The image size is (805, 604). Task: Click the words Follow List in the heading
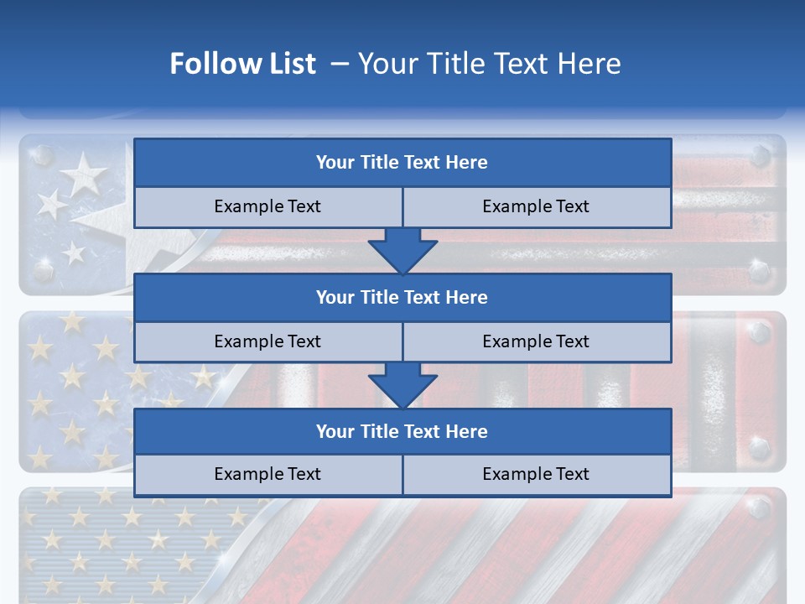pyautogui.click(x=242, y=64)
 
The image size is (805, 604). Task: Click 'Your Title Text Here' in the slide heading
pyautogui.click(x=489, y=64)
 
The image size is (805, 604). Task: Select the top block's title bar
pyautogui.click(x=402, y=163)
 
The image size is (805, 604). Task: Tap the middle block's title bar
pyautogui.click(x=402, y=297)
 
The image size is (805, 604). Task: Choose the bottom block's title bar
pyautogui.click(x=402, y=431)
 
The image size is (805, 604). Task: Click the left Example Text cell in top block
pyautogui.click(x=267, y=206)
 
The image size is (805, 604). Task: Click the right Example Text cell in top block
pyautogui.click(x=536, y=206)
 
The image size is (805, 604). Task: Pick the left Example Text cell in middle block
pyautogui.click(x=267, y=341)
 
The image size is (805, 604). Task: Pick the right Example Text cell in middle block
pyautogui.click(x=536, y=341)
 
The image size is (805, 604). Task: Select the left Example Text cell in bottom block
pyautogui.click(x=267, y=474)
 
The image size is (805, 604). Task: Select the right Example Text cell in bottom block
pyautogui.click(x=536, y=474)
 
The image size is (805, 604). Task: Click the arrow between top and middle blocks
pyautogui.click(x=402, y=251)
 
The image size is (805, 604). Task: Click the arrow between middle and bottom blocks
pyautogui.click(x=402, y=385)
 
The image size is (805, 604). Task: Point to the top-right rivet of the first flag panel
pyautogui.click(x=760, y=156)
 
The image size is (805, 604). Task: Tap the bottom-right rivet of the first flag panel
pyautogui.click(x=760, y=270)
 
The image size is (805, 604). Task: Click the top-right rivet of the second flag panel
pyautogui.click(x=760, y=333)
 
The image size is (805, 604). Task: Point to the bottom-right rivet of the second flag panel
pyautogui.click(x=760, y=447)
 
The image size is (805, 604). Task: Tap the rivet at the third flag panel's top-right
pyautogui.click(x=760, y=508)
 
